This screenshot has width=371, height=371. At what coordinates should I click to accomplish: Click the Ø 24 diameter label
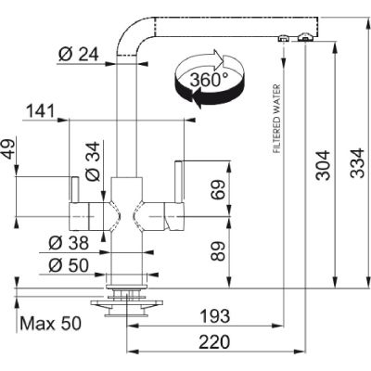tap(78, 55)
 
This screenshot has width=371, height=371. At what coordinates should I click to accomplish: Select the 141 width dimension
tap(40, 111)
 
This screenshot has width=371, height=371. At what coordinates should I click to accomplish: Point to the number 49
tap(9, 149)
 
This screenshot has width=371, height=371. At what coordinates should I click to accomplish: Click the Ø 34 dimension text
tap(93, 161)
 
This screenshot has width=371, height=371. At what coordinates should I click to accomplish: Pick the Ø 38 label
tap(69, 243)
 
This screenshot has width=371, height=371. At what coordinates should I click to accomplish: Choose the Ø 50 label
tap(69, 265)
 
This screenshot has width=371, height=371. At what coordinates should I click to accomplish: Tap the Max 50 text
tap(50, 324)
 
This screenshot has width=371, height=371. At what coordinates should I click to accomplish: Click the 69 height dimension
tap(219, 189)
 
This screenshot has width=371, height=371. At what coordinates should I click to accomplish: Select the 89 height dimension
tap(219, 251)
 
